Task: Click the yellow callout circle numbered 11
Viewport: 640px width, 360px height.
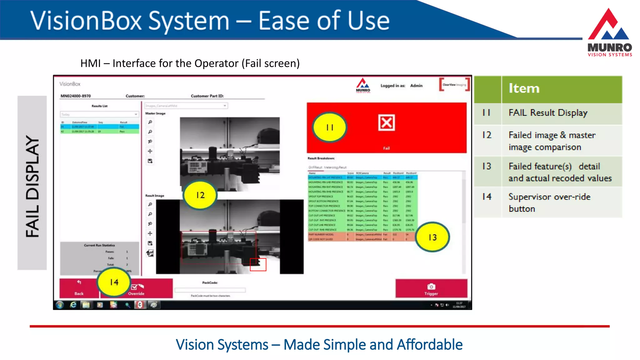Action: [x=330, y=127]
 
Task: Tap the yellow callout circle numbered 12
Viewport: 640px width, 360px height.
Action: [x=200, y=195]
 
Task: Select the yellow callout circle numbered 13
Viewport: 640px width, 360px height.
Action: [x=432, y=237]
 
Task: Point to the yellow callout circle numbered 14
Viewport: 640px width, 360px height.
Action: [x=114, y=282]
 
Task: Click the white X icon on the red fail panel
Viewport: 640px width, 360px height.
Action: [x=387, y=122]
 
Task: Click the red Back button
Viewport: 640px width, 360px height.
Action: [x=79, y=288]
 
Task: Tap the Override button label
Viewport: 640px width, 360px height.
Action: [x=136, y=293]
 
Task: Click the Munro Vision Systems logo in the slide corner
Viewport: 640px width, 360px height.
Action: [x=609, y=33]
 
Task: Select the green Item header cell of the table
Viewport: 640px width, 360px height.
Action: [x=562, y=89]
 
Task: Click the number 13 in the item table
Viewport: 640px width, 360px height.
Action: [x=487, y=166]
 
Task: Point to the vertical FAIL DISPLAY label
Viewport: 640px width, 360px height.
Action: [x=32, y=186]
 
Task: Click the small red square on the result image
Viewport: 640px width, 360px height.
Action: [x=258, y=265]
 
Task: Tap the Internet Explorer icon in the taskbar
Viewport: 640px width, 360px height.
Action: [x=73, y=305]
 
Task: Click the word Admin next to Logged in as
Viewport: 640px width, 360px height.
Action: [x=416, y=86]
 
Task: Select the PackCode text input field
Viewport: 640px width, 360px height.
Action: [x=210, y=290]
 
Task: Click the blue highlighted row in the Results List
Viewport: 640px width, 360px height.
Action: [x=99, y=127]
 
